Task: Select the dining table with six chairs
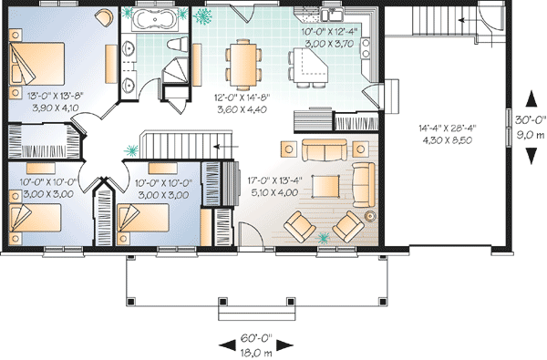pyautogui.click(x=242, y=62)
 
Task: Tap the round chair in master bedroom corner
pyautogui.click(x=105, y=17)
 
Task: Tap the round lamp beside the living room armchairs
pyautogui.click(x=371, y=216)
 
